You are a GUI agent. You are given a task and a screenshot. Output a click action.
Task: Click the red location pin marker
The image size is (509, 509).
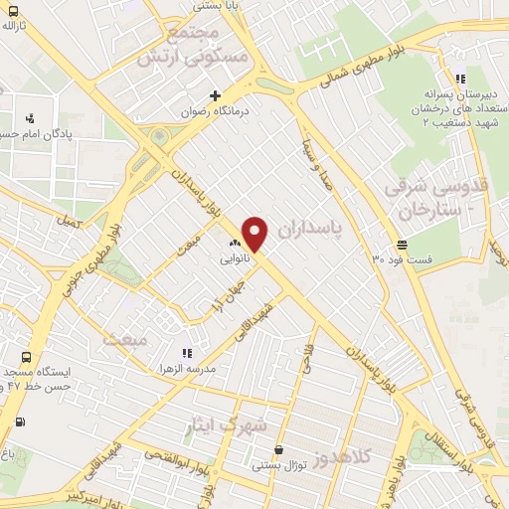[255, 233]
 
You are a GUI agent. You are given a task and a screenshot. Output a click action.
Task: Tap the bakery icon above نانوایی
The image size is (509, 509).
[236, 242]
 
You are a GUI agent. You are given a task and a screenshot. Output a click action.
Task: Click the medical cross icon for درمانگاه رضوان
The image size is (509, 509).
[215, 95]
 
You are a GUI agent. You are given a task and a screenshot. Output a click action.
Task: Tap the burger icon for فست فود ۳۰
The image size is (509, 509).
[402, 244]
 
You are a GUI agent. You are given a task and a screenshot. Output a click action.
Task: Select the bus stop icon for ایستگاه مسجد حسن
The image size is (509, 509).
[27, 357]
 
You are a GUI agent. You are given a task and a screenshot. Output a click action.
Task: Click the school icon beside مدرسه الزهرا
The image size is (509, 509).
[185, 352]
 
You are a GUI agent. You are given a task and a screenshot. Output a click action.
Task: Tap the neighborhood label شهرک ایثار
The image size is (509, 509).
[229, 425]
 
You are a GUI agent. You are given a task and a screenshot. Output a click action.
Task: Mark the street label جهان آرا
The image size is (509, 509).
[228, 297]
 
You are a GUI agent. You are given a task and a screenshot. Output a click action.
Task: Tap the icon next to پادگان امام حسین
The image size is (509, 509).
[29, 117]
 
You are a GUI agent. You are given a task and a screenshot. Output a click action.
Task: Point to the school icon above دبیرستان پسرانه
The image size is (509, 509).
[459, 79]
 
